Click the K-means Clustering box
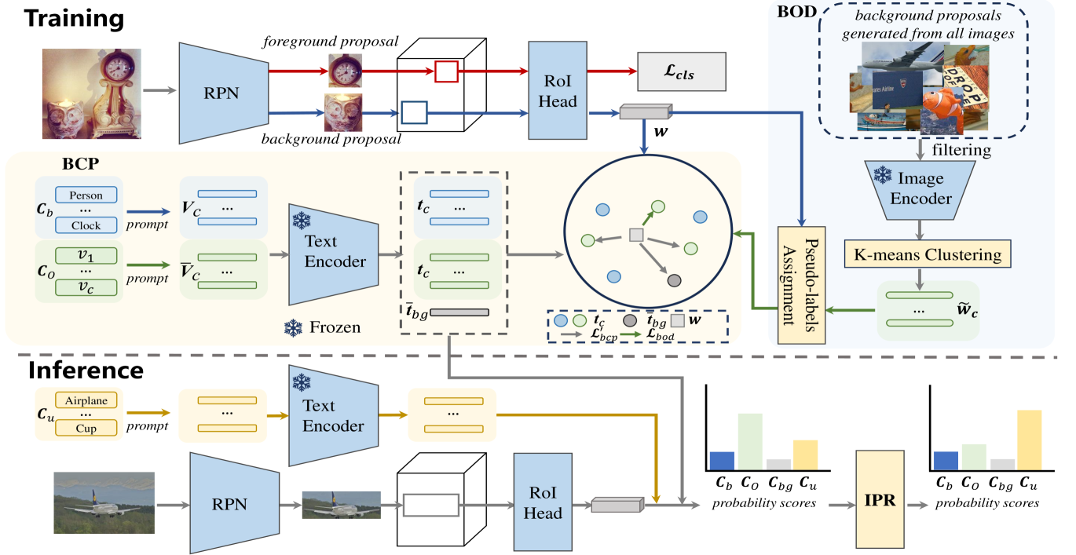click(x=927, y=254)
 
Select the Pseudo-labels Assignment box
click(x=801, y=285)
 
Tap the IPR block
click(x=880, y=499)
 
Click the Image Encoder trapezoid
click(x=920, y=190)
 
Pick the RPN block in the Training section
click(x=223, y=93)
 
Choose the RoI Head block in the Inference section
click(x=543, y=502)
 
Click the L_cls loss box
click(x=682, y=71)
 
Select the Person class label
click(x=86, y=195)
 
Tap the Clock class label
click(x=86, y=225)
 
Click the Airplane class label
click(x=86, y=400)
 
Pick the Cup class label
click(x=86, y=428)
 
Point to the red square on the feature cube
click(x=446, y=71)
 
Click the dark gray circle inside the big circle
click(x=675, y=280)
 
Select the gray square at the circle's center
click(x=636, y=235)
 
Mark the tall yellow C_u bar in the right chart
click(x=1030, y=440)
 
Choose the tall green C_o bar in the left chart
click(x=750, y=442)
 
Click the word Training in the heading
click(x=74, y=19)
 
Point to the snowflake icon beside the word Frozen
click(x=293, y=328)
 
